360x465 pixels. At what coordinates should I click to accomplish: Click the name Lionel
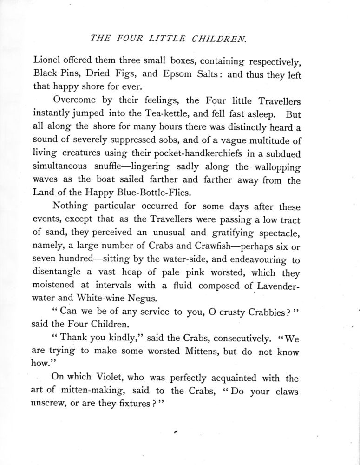coord(47,60)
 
